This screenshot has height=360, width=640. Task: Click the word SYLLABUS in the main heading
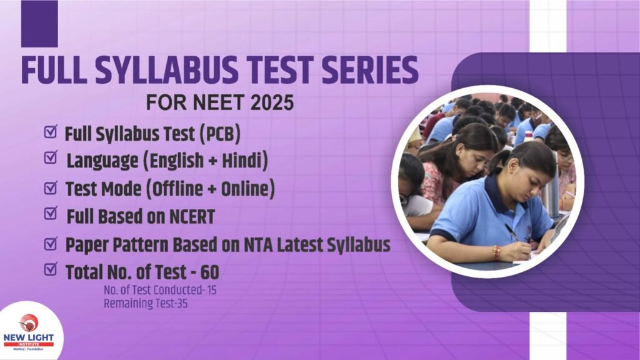tap(167, 70)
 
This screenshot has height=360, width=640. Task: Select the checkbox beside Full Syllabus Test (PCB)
tap(51, 131)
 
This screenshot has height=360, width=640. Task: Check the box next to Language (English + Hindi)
tap(51, 157)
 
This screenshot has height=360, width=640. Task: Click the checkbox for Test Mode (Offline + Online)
tap(51, 187)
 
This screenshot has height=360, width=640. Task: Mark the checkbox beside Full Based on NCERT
tap(51, 212)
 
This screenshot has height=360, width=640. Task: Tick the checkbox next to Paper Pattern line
tap(51, 244)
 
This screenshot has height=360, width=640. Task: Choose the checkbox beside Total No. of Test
tap(51, 269)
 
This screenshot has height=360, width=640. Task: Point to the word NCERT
tap(192, 217)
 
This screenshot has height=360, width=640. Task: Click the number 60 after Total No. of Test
tap(210, 272)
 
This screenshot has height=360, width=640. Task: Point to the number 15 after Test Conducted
tap(211, 290)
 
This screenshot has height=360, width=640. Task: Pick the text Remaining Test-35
tap(145, 304)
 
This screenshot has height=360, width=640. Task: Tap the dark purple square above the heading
tap(39, 24)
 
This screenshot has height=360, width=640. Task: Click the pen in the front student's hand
tap(512, 232)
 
